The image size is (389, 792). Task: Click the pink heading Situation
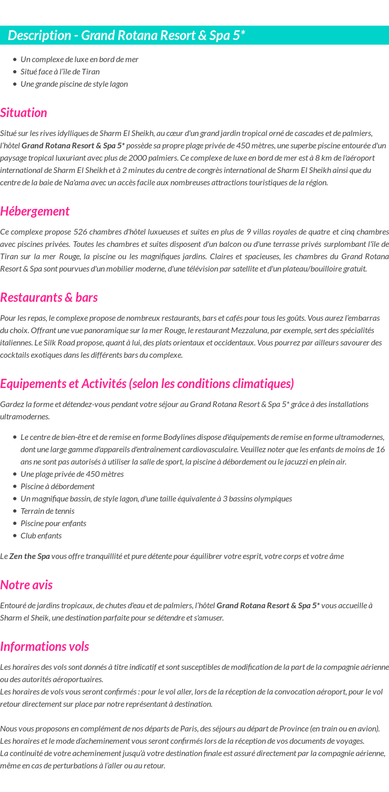click(x=24, y=113)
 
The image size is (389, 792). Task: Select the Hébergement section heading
click(x=34, y=211)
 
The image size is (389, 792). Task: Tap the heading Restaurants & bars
click(x=49, y=298)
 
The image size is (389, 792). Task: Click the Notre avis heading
click(x=26, y=585)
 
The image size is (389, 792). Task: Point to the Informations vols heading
click(x=45, y=647)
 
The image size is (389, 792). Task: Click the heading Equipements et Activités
click(x=147, y=384)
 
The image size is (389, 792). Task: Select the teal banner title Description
click(x=126, y=35)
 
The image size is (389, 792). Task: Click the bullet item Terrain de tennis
click(x=47, y=511)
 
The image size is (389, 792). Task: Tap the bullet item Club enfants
click(x=41, y=535)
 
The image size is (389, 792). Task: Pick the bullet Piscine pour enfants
click(x=53, y=523)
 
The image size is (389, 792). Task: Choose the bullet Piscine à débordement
click(x=57, y=486)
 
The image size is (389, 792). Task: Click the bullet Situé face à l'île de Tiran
click(x=60, y=71)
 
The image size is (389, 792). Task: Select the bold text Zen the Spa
click(x=29, y=556)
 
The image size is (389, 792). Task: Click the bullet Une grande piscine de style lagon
click(x=74, y=84)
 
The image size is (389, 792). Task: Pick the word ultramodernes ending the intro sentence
click(x=25, y=416)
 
